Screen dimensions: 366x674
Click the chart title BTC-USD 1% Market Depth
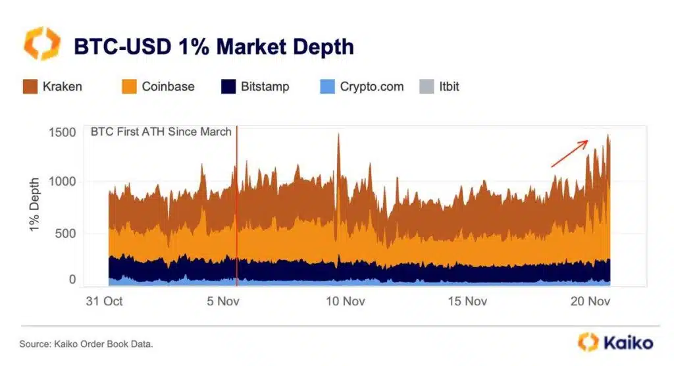214,47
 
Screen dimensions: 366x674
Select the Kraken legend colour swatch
30,86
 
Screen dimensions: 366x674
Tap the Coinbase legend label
168,86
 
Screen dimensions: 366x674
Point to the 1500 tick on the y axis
63,132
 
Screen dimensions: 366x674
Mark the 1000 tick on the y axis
63,182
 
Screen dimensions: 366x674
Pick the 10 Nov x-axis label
345,302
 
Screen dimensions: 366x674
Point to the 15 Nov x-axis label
467,302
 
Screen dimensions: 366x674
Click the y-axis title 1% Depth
34,204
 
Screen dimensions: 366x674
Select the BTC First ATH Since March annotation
161,132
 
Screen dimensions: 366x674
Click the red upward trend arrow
569,153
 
